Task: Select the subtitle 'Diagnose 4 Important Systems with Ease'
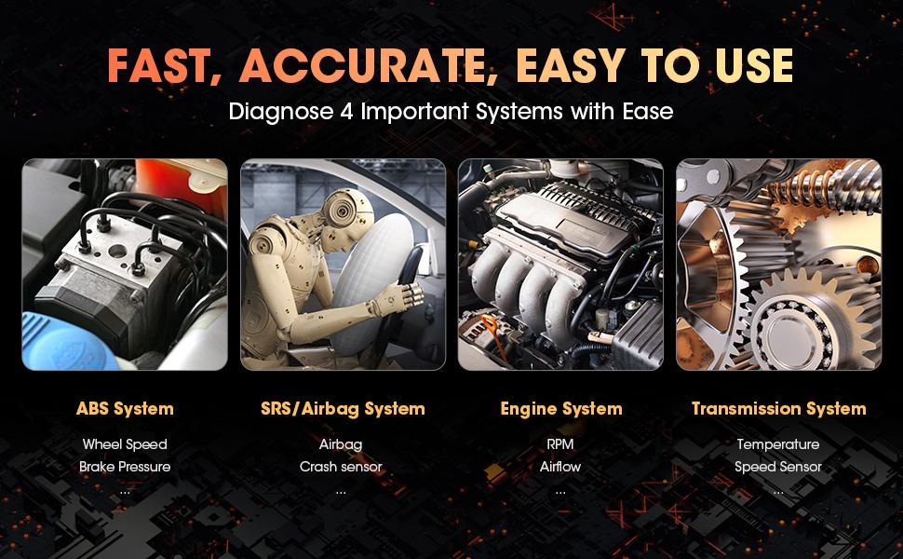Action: [451, 112]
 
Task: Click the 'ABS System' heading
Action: [125, 408]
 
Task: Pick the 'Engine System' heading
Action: [560, 408]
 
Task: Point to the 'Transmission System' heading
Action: [778, 408]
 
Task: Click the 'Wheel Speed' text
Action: [125, 444]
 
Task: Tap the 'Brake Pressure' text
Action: [125, 466]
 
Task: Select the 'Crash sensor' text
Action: [341, 466]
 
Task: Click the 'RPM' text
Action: [560, 444]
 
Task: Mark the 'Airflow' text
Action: [560, 466]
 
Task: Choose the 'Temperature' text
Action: [778, 444]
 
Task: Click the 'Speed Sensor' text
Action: [778, 466]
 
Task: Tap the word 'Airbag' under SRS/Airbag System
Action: [341, 444]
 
